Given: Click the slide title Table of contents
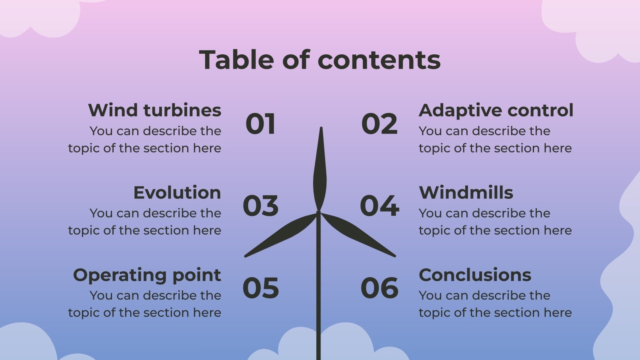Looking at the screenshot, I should coord(320,60).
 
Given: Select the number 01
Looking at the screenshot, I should coord(260,124).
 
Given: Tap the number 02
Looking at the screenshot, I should coord(379,124).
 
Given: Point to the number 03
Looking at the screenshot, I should coord(260,206).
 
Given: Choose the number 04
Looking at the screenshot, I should coord(379,206).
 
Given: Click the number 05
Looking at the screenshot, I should coord(260,288).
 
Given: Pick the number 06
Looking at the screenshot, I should coord(379,288).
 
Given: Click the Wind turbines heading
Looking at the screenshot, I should coord(154,110).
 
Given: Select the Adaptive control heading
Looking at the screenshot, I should coord(496,110).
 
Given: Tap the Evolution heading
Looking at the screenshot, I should coord(177,193).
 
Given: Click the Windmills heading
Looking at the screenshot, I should coord(466,193).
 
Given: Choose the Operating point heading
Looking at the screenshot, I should coord(147,275).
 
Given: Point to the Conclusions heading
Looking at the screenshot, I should coord(475,275).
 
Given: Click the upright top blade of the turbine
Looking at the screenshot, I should coord(320,172).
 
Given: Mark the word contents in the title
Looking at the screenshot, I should coord(379,60).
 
